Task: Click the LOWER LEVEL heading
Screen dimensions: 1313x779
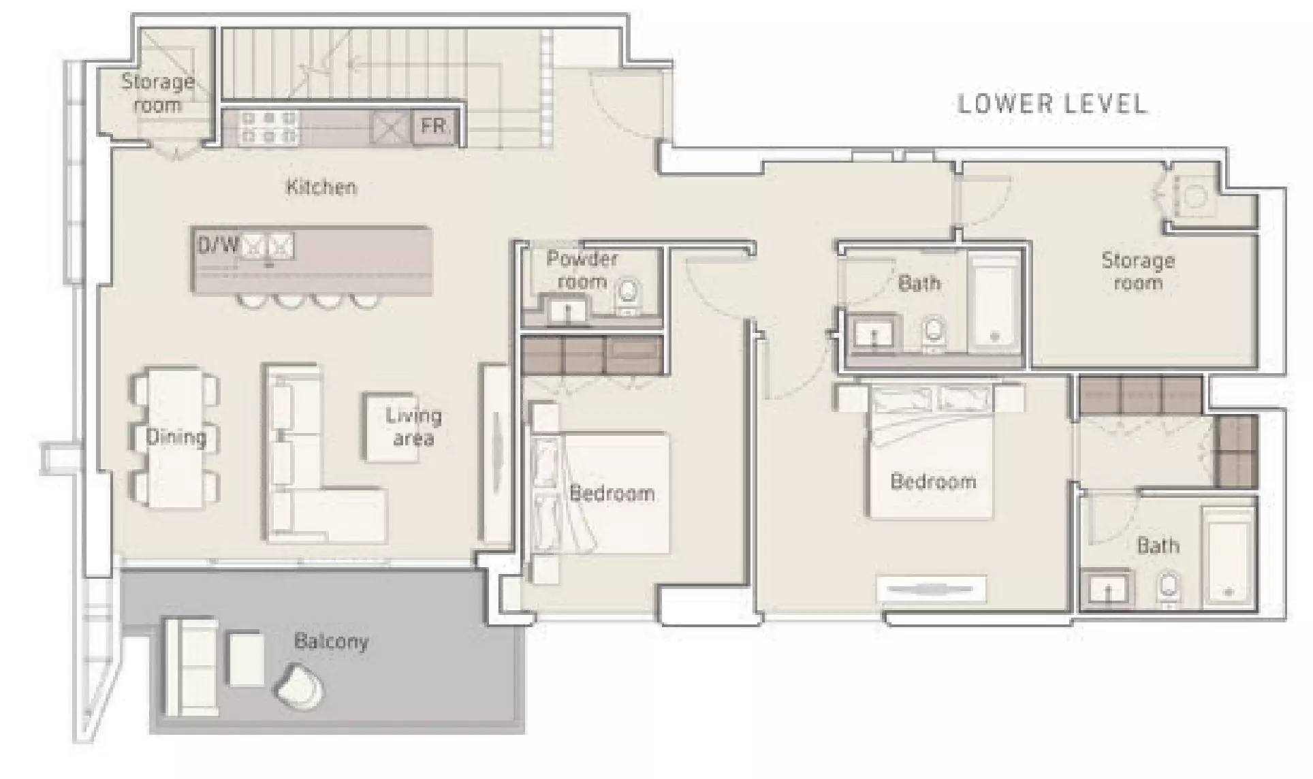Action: coord(1051,104)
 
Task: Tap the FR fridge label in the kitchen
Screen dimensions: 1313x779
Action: coord(433,126)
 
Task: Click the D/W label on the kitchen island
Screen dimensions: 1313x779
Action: coord(218,245)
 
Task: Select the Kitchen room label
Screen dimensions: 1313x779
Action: coord(321,187)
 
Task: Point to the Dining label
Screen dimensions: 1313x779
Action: coord(176,436)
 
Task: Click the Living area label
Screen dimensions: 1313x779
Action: coord(413,426)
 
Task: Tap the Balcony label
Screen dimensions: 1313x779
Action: coord(331,641)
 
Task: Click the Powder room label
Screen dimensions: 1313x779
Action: coord(582,270)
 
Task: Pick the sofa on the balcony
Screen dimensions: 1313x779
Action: coord(191,666)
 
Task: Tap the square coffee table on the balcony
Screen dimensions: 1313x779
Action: coord(245,659)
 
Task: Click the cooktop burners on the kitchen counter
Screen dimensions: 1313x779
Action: coord(269,127)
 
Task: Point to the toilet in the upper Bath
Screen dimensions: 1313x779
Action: coord(933,335)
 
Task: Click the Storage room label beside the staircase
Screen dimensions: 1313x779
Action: coord(158,93)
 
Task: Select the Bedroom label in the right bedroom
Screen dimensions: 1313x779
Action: coord(933,481)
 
